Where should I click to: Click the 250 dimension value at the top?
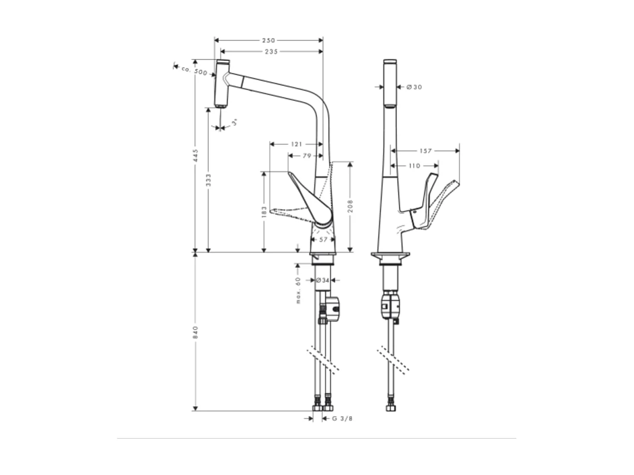pos(268,40)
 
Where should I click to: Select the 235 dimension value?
pos(271,52)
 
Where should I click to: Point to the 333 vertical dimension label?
pos(208,179)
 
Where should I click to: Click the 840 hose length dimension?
pos(195,331)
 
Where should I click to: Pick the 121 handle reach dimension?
pos(296,144)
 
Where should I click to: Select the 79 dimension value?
pos(306,156)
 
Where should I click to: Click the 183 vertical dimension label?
pos(264,211)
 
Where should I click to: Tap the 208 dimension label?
pos(350,207)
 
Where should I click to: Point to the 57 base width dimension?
pos(323,240)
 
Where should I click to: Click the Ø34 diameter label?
pos(323,280)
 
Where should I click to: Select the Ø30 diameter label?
pos(414,87)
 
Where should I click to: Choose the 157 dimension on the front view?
pos(425,151)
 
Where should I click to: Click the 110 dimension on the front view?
pos(414,166)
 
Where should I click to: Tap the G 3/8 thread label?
pos(342,418)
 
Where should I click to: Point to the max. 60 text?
pos(298,290)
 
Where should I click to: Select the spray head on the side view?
pos(222,84)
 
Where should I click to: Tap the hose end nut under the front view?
pos(390,408)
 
